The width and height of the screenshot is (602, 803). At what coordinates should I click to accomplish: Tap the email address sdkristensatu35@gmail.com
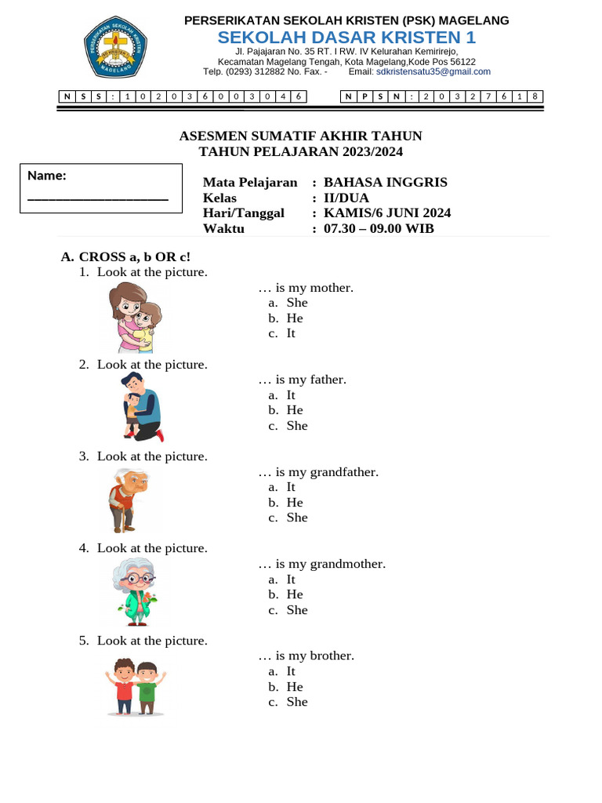pyautogui.click(x=433, y=71)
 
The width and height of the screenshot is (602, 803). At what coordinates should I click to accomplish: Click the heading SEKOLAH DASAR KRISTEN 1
pyautogui.click(x=346, y=38)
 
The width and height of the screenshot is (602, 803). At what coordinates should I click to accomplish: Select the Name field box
pyautogui.click(x=100, y=188)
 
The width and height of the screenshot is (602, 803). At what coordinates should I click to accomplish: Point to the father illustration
pyautogui.click(x=142, y=406)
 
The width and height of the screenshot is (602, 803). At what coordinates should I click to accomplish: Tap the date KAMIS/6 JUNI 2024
pyautogui.click(x=387, y=213)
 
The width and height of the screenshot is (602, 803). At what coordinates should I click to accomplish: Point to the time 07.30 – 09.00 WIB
pyautogui.click(x=379, y=229)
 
